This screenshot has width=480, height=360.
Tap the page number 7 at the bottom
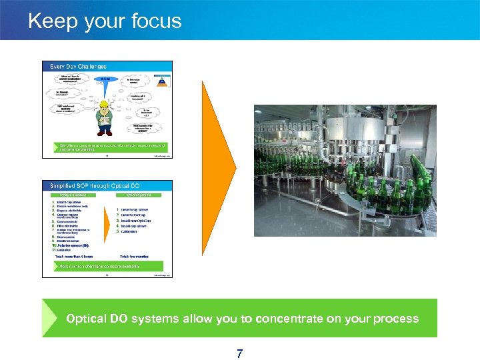pyautogui.click(x=239, y=353)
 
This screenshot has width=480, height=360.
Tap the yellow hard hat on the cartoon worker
pyautogui.click(x=103, y=103)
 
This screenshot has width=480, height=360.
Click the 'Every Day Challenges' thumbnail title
pyautogui.click(x=75, y=67)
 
